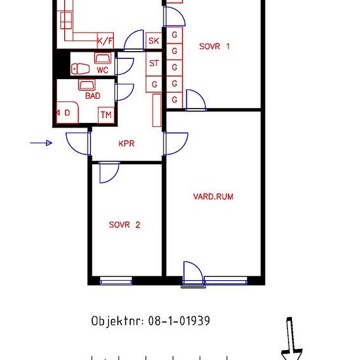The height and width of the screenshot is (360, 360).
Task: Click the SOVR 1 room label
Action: (214, 46)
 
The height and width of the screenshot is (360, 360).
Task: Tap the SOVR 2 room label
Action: (124, 225)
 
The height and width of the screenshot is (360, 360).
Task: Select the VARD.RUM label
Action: (213, 196)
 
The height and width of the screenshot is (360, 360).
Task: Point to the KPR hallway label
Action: (126, 143)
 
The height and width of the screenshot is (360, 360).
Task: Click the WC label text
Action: (102, 70)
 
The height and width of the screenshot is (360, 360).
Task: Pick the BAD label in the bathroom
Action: (93, 96)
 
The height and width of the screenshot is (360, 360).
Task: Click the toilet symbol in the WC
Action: (81, 69)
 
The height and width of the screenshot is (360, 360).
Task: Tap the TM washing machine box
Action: (106, 115)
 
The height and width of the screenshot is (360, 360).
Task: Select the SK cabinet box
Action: (154, 41)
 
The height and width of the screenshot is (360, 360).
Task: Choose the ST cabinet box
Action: (154, 63)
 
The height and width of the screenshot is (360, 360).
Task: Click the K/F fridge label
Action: (105, 41)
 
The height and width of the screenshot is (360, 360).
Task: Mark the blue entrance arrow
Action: (41, 143)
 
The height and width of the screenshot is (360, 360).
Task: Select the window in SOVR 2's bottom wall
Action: (116, 281)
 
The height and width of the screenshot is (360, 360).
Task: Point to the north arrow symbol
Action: (291, 338)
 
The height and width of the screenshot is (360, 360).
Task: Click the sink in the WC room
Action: (103, 58)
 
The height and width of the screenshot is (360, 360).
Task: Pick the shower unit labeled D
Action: (67, 113)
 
